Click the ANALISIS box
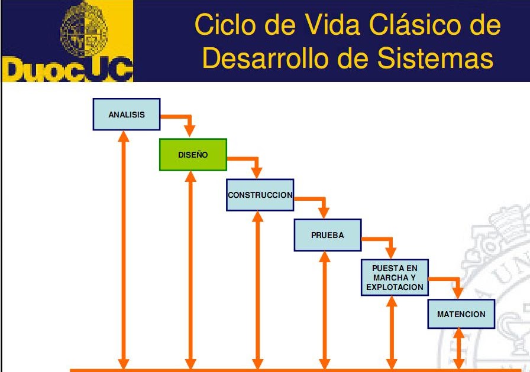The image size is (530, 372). (x=127, y=115)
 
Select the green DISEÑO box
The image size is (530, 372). (x=193, y=155)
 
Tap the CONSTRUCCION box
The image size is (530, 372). (x=260, y=194)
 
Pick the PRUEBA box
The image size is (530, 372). (x=327, y=234)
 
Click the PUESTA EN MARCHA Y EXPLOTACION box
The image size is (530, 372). (x=395, y=278)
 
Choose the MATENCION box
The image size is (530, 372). (x=461, y=314)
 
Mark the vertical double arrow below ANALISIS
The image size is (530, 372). (x=124, y=248)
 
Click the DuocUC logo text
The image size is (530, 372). (x=67, y=70)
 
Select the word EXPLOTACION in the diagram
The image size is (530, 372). (x=395, y=288)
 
